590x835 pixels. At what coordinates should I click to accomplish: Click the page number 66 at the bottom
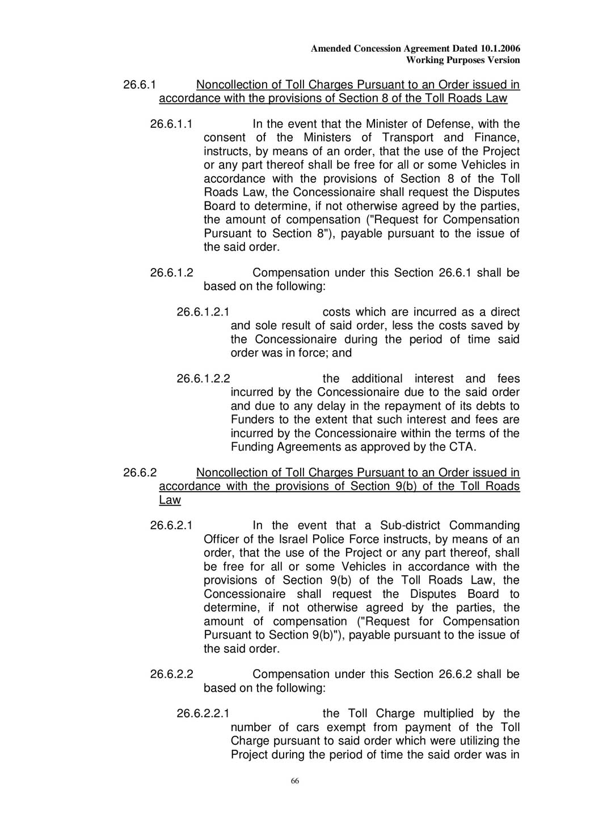(x=295, y=781)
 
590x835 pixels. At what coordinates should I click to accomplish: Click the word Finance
(x=496, y=137)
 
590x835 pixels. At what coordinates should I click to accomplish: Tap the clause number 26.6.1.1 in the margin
(x=171, y=124)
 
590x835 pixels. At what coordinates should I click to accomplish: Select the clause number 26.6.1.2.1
(x=203, y=312)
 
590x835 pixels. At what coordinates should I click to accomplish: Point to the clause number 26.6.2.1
(x=171, y=526)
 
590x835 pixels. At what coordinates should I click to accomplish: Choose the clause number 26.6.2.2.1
(x=203, y=714)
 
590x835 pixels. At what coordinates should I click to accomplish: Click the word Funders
(x=251, y=420)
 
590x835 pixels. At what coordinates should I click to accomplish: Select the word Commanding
(x=484, y=526)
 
